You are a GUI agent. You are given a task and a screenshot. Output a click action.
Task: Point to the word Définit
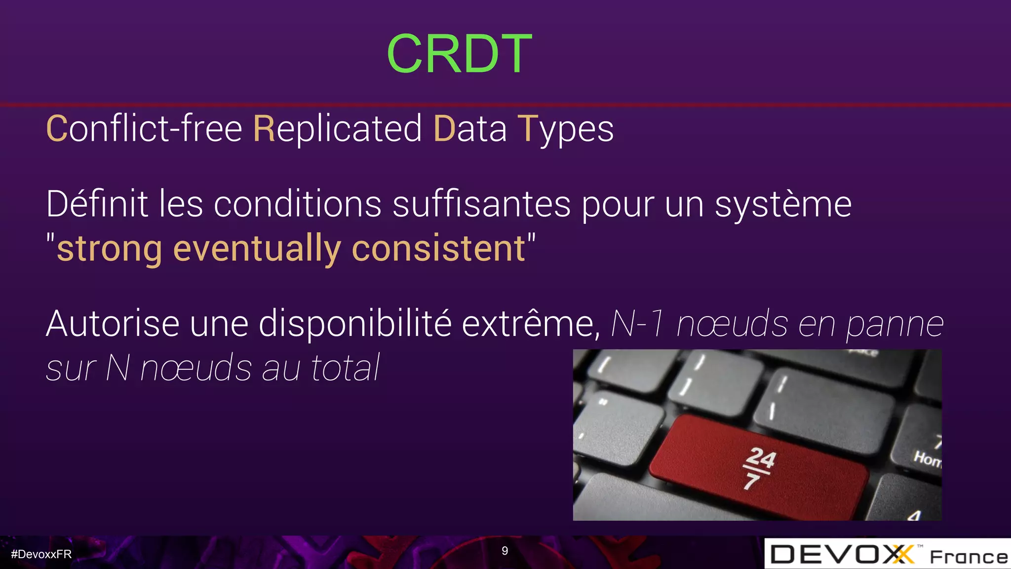[x=97, y=203]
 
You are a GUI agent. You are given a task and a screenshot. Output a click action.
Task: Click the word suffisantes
[x=481, y=203]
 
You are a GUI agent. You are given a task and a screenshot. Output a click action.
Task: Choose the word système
[x=783, y=204]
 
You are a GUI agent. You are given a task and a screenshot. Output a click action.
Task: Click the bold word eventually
[x=257, y=248]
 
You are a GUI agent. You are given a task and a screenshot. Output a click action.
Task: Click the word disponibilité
[x=355, y=324]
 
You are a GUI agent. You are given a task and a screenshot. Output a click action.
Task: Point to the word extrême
[x=530, y=324]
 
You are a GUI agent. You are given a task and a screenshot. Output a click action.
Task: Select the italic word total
[x=345, y=368]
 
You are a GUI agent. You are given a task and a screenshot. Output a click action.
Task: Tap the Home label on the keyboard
[x=927, y=459]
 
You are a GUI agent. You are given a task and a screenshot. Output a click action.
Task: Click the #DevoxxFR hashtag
[x=41, y=554]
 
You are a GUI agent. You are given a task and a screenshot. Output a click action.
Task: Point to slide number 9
[x=505, y=551]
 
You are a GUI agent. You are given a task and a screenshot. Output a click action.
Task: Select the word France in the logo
[x=969, y=557]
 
